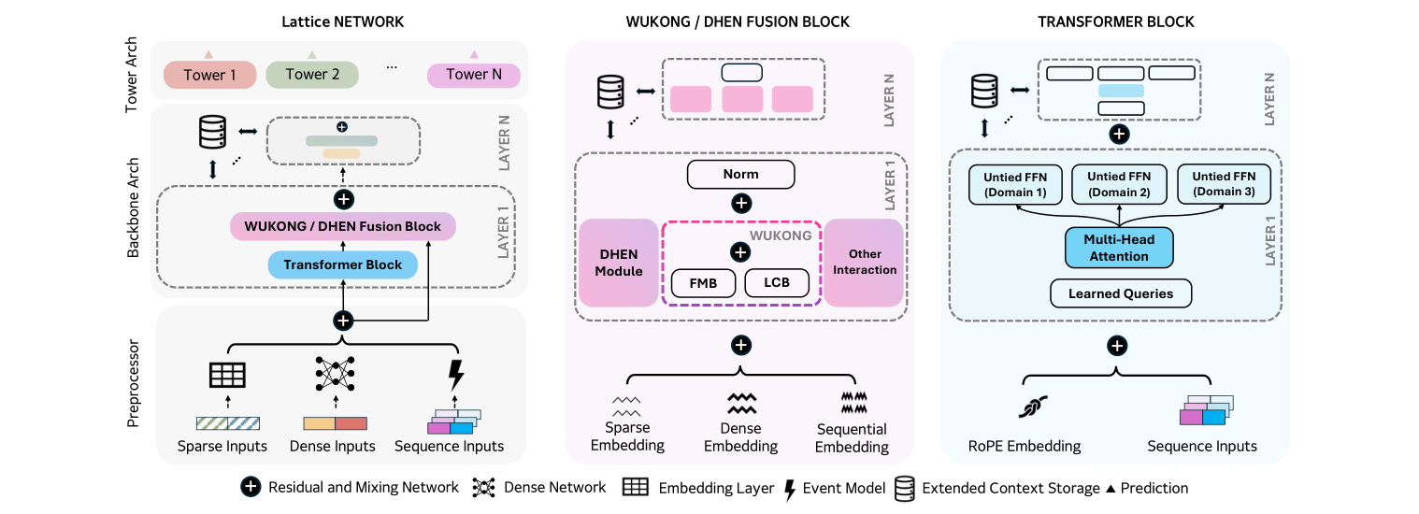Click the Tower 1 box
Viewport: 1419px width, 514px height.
(x=209, y=75)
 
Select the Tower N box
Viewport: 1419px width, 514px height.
(x=473, y=75)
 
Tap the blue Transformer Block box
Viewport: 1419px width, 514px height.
(x=343, y=264)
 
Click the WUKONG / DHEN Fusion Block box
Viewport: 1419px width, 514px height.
(x=342, y=226)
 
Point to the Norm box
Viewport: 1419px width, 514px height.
(x=740, y=174)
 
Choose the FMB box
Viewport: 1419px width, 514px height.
(x=703, y=283)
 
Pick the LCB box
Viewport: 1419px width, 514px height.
(x=776, y=283)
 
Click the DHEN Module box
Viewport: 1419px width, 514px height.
(x=619, y=263)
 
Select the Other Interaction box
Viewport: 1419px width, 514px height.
(x=864, y=263)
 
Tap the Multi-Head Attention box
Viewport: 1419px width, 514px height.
(x=1118, y=249)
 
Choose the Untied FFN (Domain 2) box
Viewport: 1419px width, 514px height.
(x=1118, y=184)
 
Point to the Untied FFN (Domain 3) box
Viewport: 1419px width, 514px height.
(x=1223, y=184)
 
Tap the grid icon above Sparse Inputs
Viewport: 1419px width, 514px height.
(x=226, y=375)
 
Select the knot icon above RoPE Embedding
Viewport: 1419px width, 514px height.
(x=1033, y=407)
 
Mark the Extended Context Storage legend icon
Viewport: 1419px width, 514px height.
(x=904, y=488)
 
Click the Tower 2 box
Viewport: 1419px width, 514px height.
(x=312, y=75)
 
